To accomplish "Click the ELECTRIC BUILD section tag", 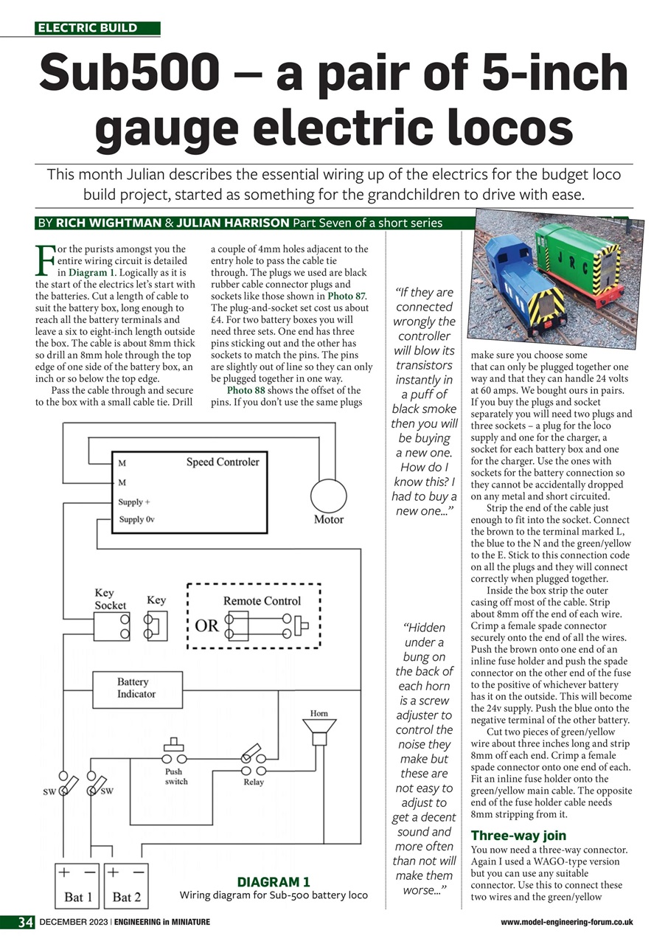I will pyautogui.click(x=88, y=28).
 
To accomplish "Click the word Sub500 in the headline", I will pyautogui.click(x=129, y=73).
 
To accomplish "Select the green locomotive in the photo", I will pyautogui.click(x=590, y=258).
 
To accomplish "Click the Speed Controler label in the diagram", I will pyautogui.click(x=222, y=462).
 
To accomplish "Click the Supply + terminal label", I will pyautogui.click(x=134, y=502).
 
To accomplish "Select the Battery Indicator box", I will pyautogui.click(x=136, y=688).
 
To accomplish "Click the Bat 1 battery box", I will pyautogui.click(x=78, y=886).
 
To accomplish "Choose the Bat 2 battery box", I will pyautogui.click(x=127, y=886).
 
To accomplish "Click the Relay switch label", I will pyautogui.click(x=253, y=782).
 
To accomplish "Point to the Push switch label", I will pyautogui.click(x=175, y=777).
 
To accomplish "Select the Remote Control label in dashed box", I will pyautogui.click(x=262, y=601).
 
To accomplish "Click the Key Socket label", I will pyautogui.click(x=110, y=599).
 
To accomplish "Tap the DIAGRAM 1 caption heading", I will pyautogui.click(x=273, y=882).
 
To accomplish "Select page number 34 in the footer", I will pyautogui.click(x=27, y=922).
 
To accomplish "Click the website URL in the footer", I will pyautogui.click(x=566, y=923).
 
